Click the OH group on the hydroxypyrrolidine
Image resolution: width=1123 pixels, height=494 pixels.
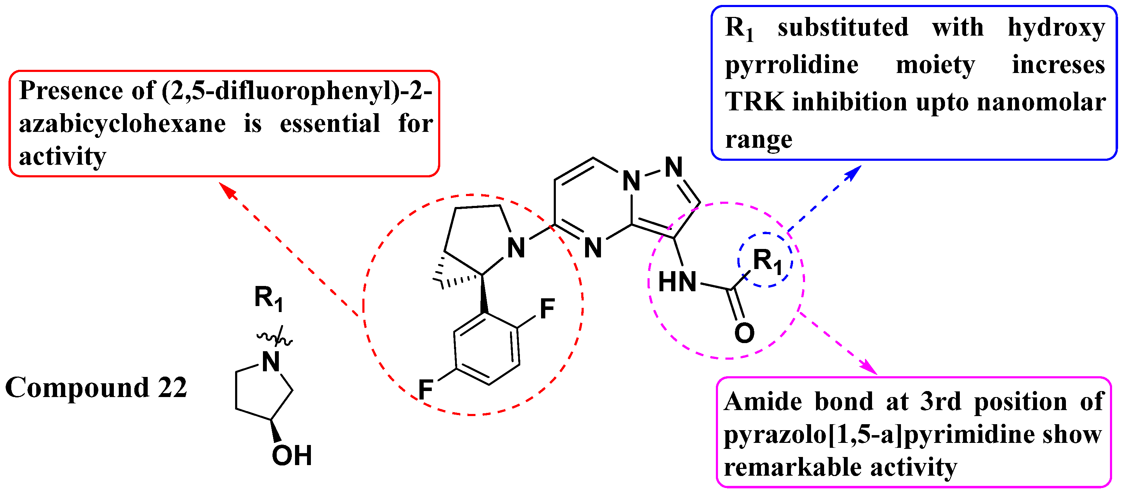tap(292, 456)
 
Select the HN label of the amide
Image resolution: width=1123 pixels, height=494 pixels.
tap(677, 282)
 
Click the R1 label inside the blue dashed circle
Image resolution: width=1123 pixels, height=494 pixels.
tap(767, 261)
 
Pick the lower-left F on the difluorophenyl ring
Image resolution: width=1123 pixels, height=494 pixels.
tap(425, 389)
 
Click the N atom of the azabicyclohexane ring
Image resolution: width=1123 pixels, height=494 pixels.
tap(516, 248)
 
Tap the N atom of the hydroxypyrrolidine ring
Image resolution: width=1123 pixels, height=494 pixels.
tap(271, 361)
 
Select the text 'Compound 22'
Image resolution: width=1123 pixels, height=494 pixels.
tap(96, 387)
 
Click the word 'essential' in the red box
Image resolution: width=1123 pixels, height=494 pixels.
tap(330, 123)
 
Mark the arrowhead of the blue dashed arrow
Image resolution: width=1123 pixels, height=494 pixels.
tap(855, 172)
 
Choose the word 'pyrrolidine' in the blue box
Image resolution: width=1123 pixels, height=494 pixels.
tap(791, 65)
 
